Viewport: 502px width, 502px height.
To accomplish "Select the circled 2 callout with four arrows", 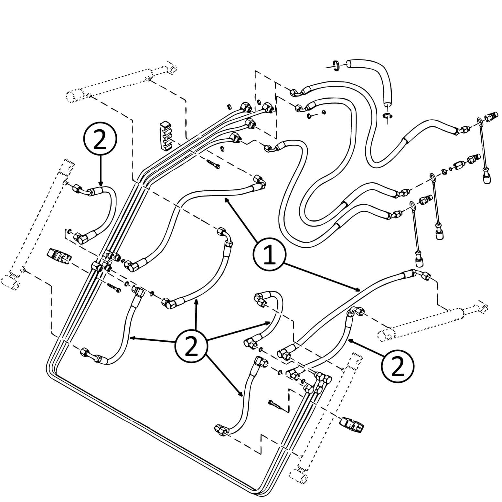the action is (191, 348).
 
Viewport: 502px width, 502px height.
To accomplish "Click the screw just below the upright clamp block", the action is (212, 163).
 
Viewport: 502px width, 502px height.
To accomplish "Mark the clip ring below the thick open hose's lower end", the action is (387, 116).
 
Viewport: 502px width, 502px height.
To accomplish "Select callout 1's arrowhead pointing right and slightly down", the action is (357, 290).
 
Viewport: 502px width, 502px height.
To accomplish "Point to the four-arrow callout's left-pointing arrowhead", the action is (132, 338).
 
